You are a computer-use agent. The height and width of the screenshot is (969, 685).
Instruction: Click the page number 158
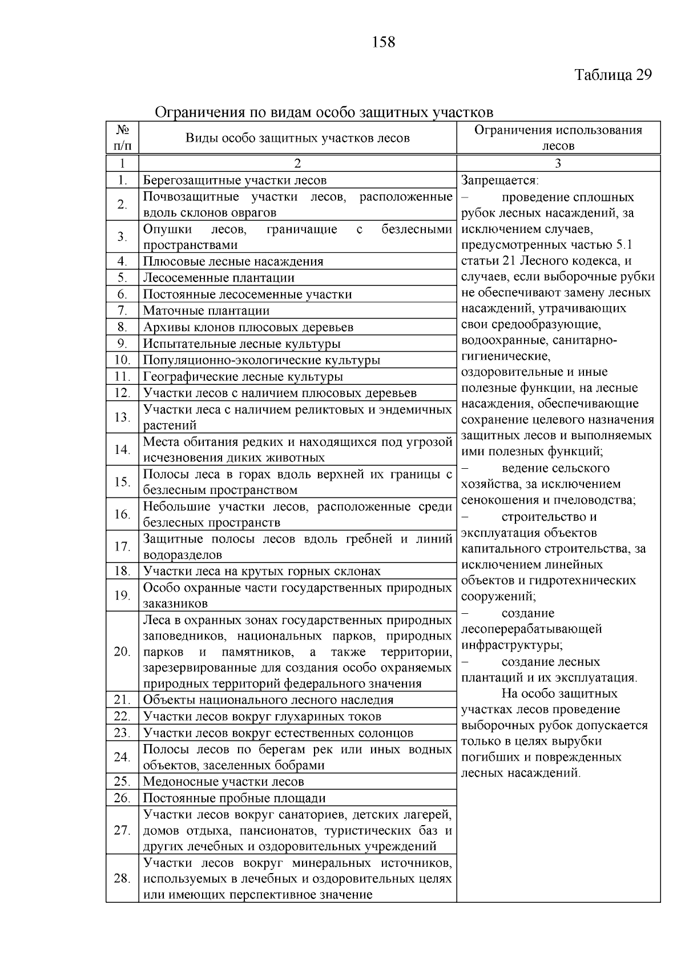click(x=383, y=42)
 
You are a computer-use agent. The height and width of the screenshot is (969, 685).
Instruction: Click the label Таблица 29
click(x=613, y=75)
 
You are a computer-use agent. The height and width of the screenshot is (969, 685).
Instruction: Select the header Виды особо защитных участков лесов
click(x=297, y=138)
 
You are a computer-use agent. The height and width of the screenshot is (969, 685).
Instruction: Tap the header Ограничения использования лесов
click(x=558, y=138)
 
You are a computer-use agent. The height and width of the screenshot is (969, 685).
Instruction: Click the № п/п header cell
click(x=122, y=138)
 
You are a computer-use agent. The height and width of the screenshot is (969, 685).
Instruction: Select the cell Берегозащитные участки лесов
click(x=235, y=180)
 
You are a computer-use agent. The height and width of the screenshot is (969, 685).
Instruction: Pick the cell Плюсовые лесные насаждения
click(x=233, y=262)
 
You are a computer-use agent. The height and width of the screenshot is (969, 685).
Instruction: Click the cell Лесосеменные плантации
click(x=219, y=278)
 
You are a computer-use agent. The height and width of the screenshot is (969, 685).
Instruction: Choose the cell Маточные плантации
click(x=206, y=311)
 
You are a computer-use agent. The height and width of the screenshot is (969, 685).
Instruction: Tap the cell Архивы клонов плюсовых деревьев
click(x=248, y=327)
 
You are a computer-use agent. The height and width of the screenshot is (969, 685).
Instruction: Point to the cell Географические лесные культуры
click(x=243, y=377)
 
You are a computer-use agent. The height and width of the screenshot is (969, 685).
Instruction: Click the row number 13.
click(x=122, y=417)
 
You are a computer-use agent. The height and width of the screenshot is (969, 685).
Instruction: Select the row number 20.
click(x=122, y=652)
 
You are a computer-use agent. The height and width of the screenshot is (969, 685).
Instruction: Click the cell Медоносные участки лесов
click(x=223, y=782)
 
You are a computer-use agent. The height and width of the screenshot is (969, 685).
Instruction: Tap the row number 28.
click(x=122, y=878)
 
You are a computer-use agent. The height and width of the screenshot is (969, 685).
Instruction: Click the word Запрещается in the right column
click(x=499, y=180)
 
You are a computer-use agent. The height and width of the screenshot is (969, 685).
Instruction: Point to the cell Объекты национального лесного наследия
click(x=268, y=700)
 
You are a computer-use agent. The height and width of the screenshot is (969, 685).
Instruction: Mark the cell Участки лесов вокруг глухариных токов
click(x=262, y=717)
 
